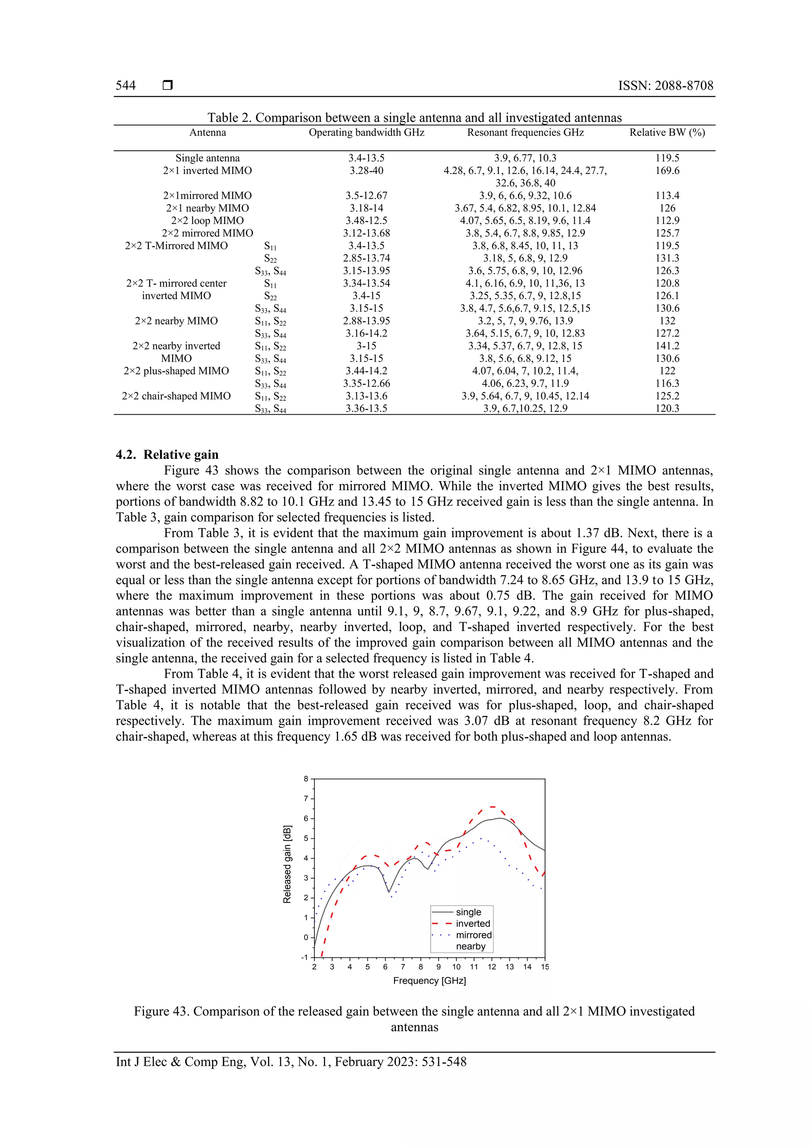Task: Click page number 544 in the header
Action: (x=126, y=85)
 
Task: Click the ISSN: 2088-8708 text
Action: (x=665, y=85)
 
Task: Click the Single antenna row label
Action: (x=207, y=158)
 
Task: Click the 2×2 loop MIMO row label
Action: (x=207, y=221)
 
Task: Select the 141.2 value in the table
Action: (x=667, y=346)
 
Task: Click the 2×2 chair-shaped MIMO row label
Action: (x=176, y=396)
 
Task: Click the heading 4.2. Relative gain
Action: (x=167, y=454)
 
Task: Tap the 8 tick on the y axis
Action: (x=306, y=779)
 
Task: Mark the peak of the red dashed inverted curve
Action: (x=492, y=807)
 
